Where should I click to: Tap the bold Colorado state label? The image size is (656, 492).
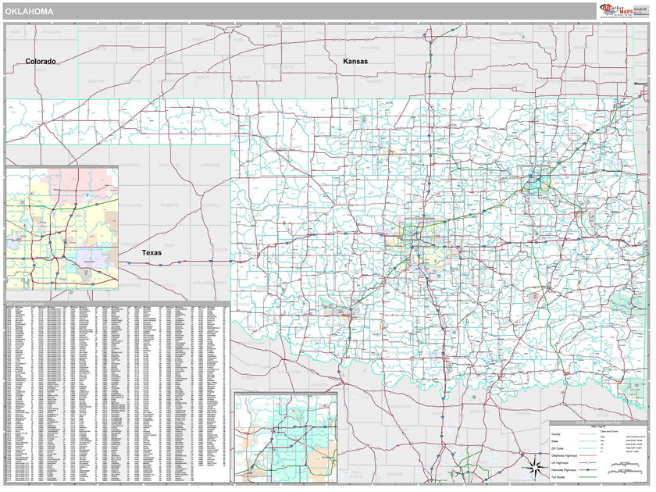click(x=40, y=61)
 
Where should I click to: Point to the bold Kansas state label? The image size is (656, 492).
click(x=355, y=61)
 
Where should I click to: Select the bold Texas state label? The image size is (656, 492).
click(x=152, y=253)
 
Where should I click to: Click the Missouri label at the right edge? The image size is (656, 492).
click(x=640, y=83)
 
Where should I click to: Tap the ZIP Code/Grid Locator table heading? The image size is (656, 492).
click(x=27, y=303)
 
